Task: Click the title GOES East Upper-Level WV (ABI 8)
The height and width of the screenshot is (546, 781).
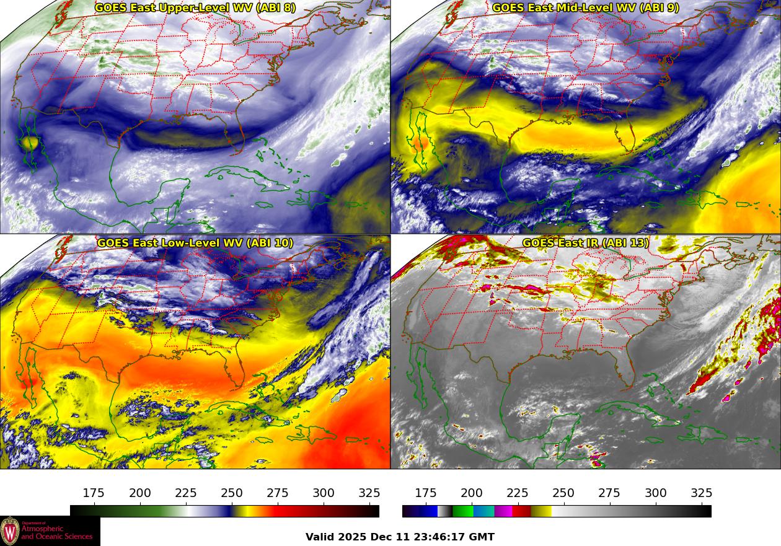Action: click(x=195, y=8)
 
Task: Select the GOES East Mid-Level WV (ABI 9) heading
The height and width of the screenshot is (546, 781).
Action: click(x=586, y=8)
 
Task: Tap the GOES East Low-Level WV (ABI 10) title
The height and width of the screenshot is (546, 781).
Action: click(x=195, y=243)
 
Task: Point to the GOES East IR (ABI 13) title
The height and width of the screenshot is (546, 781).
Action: click(x=586, y=243)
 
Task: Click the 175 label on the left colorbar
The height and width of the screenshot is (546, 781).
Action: click(x=94, y=493)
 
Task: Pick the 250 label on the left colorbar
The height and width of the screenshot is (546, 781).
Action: click(x=232, y=493)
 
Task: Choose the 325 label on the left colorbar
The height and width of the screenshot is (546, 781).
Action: click(x=369, y=493)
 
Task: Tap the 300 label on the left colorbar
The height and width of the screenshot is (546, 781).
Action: click(x=324, y=493)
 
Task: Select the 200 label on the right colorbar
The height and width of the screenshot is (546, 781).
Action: click(x=472, y=493)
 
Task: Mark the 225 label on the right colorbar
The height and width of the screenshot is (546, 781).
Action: click(x=518, y=493)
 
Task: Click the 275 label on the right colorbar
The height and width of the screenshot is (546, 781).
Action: click(x=609, y=493)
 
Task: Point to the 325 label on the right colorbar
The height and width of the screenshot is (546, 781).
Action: click(x=702, y=493)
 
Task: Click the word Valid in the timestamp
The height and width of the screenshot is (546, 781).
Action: click(x=320, y=537)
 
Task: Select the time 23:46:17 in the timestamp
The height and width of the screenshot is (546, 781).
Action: click(x=440, y=537)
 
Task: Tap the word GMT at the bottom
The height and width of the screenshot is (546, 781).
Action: click(x=482, y=537)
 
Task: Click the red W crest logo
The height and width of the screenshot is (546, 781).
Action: click(x=10, y=531)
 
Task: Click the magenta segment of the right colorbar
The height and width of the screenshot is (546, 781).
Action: click(x=503, y=511)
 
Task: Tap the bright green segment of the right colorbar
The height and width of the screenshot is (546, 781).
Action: click(x=463, y=511)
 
